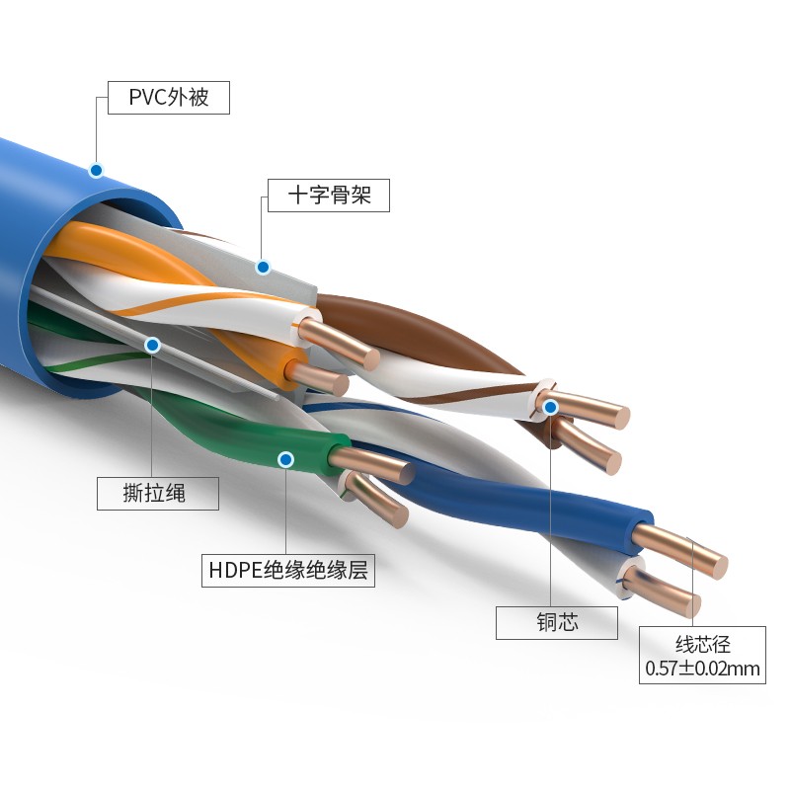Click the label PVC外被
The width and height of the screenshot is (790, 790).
pos(168,99)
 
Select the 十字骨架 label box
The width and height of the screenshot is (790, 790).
pos(329,195)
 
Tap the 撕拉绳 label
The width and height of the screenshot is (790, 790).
pos(157,494)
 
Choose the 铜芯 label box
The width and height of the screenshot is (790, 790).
pos(556,622)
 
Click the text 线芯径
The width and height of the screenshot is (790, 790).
pos(702,644)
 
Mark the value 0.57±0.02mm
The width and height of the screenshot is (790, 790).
pos(702,670)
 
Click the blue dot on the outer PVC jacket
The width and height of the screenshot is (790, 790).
pos(96,170)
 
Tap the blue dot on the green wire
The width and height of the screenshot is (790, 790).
pos(285,459)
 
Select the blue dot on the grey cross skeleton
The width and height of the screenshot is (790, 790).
pos(263,267)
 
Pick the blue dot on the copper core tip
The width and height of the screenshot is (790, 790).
pos(551,406)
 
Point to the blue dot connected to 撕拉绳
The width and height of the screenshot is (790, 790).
pos(152,345)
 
